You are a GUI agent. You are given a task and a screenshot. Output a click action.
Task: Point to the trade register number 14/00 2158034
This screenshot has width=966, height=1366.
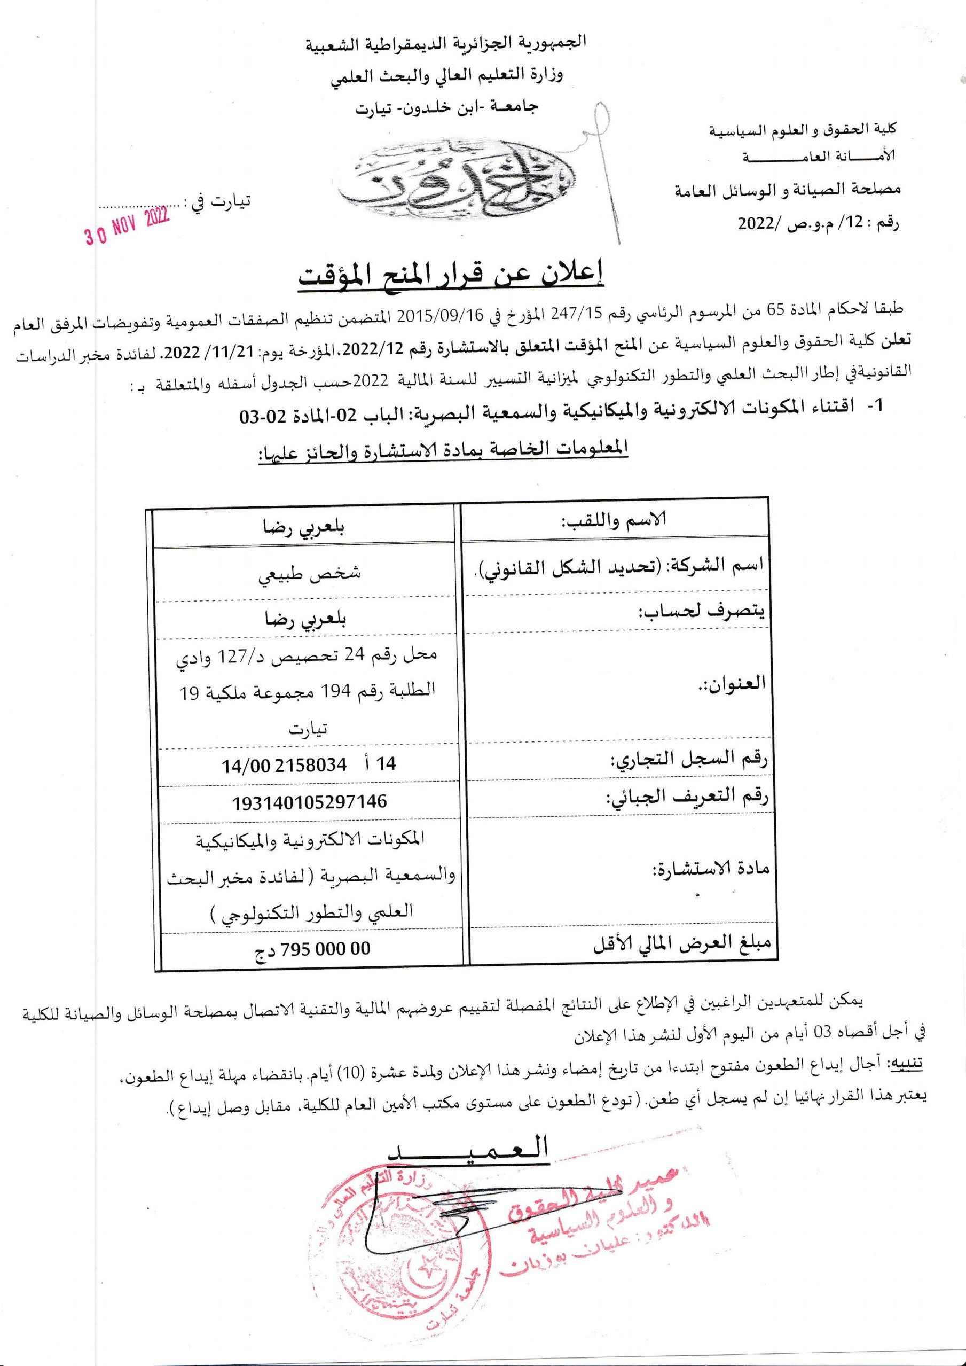pos(309,764)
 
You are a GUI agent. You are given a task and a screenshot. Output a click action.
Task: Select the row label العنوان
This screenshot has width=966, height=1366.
pos(735,682)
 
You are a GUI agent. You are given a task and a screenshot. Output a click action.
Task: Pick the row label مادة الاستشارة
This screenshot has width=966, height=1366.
pos(711,869)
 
